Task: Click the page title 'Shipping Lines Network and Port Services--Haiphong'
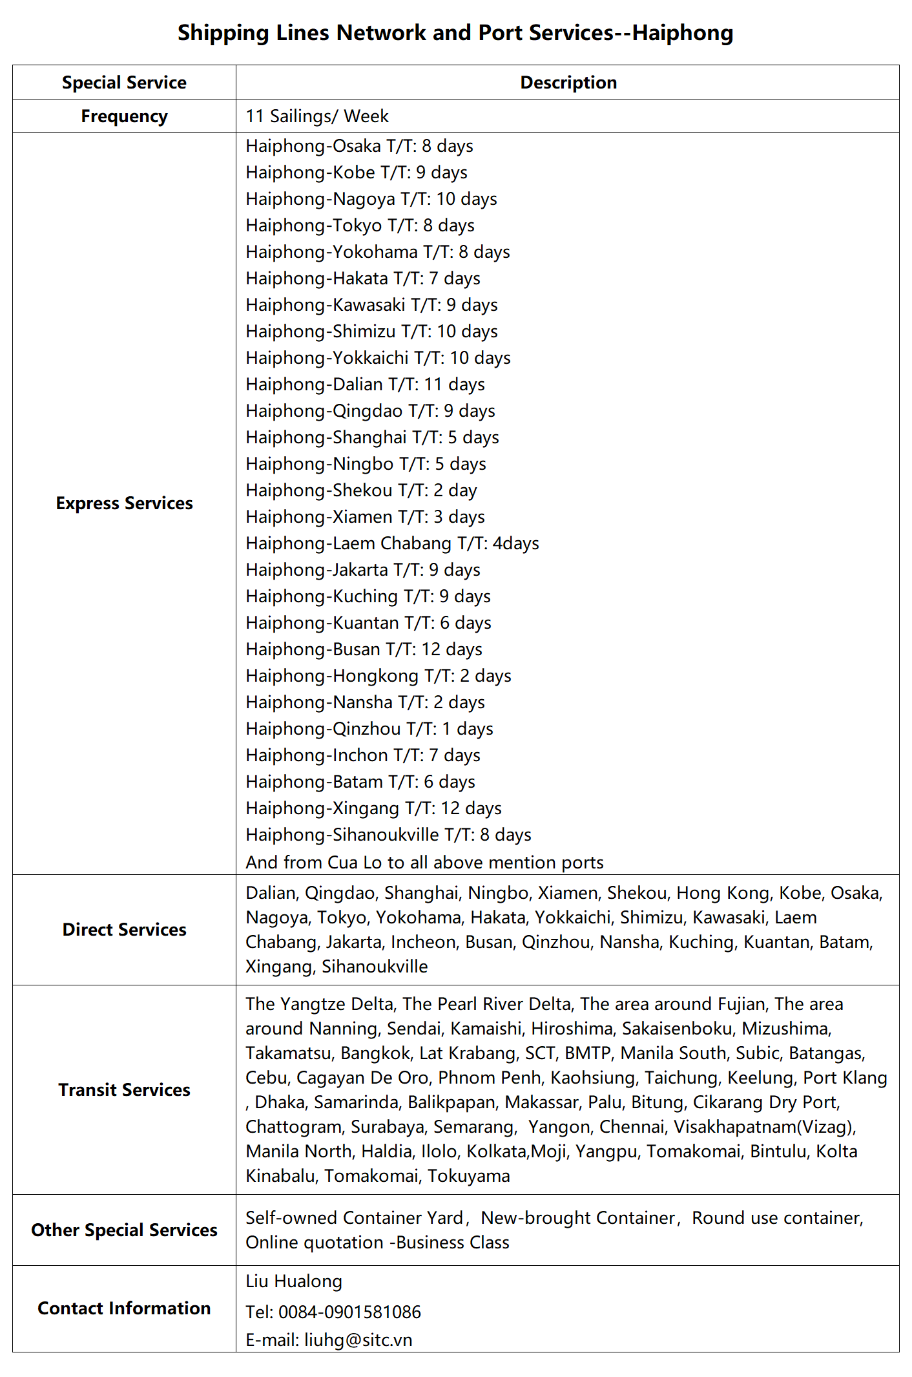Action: pos(455,32)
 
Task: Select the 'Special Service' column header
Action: pos(124,83)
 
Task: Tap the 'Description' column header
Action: pos(568,83)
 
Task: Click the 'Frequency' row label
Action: pos(124,116)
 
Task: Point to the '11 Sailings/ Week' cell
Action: pos(317,116)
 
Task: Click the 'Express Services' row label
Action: pos(124,503)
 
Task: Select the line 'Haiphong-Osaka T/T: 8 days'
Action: pos(359,146)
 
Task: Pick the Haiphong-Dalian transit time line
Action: pos(365,384)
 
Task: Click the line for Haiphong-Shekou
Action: pos(361,490)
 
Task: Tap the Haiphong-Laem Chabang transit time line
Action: pos(392,543)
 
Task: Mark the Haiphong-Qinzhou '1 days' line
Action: pos(369,729)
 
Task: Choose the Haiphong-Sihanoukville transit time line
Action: pos(388,835)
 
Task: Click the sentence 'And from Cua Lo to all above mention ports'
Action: pos(424,863)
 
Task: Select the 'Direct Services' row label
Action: pos(124,930)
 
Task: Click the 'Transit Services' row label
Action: pos(124,1090)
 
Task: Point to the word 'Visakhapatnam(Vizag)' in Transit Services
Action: pos(764,1127)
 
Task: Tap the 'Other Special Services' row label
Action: pos(124,1230)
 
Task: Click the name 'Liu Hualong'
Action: pos(294,1281)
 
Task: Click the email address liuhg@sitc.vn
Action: pos(358,1340)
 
